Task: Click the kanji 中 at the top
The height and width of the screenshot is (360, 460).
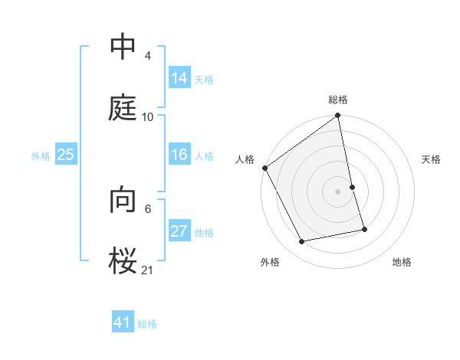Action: pos(123,48)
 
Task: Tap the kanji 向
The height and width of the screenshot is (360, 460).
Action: pos(123,201)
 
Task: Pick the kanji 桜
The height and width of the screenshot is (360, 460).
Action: pos(123,260)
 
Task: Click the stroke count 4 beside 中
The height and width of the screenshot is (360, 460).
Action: pos(148,57)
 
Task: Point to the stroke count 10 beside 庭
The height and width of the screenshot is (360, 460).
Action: pos(148,116)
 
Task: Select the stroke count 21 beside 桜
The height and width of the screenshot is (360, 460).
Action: pos(148,270)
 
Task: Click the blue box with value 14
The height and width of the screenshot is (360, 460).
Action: pos(179,78)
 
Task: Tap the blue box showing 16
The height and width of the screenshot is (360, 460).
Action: pos(179,155)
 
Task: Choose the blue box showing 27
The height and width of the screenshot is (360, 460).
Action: pos(179,232)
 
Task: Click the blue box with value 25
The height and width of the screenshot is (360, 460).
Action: pos(66,155)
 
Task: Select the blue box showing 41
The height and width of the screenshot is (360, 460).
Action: pos(123,323)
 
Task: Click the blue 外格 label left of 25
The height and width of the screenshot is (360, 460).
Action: pos(41,156)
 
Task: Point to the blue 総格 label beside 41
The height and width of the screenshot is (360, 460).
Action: pos(147,324)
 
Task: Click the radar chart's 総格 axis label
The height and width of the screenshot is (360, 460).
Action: pos(338,100)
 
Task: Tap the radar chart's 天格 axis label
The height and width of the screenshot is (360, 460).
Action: pos(432,159)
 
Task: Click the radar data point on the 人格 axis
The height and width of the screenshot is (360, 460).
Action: pos(265,168)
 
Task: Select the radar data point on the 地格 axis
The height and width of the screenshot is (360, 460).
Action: pos(364,229)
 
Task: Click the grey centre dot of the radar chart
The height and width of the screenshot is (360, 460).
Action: pos(338,191)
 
